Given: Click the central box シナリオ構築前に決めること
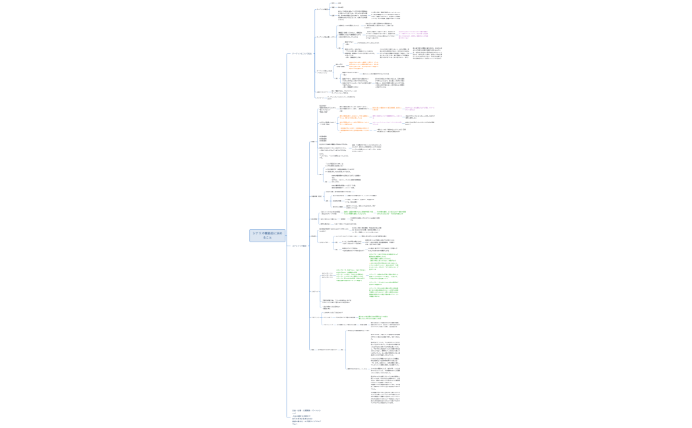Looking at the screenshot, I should pyautogui.click(x=267, y=235).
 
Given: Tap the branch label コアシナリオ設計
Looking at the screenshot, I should pyautogui.click(x=300, y=246).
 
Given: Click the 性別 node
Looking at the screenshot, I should pyautogui.click(x=333, y=3).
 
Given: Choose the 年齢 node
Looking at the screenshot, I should pyautogui.click(x=333, y=7).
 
